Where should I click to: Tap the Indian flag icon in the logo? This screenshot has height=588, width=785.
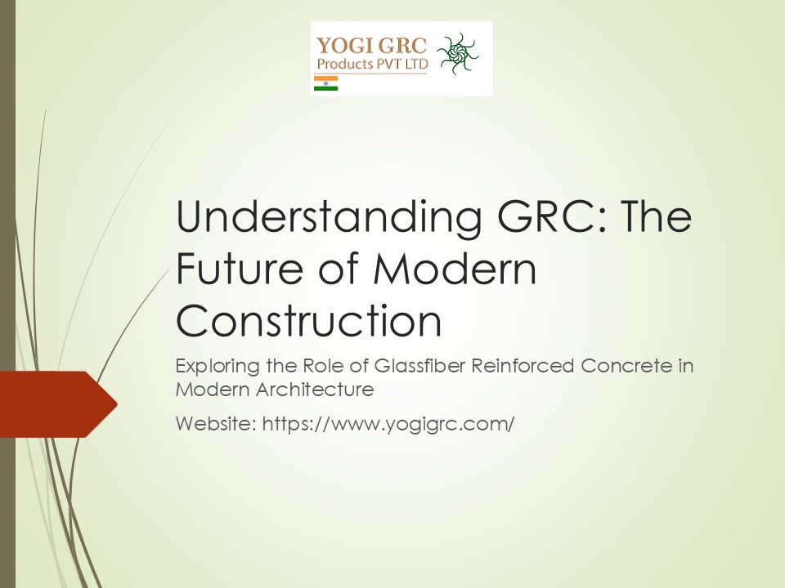point(325,83)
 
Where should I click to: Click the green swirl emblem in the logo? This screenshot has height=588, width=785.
point(458,56)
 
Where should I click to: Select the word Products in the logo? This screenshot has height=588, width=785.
point(346,64)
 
